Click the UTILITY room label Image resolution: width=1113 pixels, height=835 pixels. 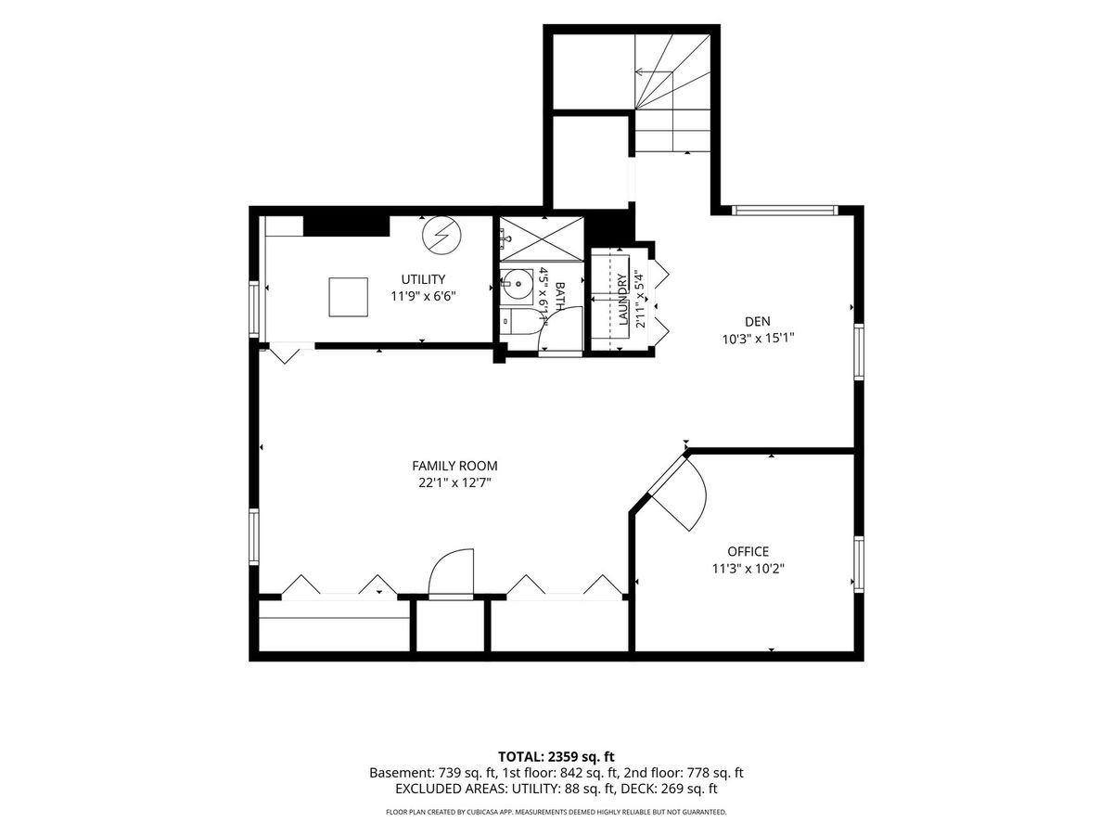tap(423, 279)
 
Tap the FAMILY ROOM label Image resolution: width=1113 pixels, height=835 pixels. tap(454, 466)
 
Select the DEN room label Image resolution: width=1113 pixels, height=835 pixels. tap(758, 321)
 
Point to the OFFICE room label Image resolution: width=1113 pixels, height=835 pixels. tap(748, 552)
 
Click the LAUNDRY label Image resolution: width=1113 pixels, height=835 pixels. tap(622, 299)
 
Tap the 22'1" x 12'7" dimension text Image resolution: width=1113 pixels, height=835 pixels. tap(454, 482)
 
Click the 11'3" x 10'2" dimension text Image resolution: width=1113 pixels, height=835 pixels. tap(748, 569)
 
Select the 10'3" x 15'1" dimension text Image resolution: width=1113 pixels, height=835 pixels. tap(758, 338)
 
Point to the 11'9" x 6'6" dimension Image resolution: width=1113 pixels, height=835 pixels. tap(423, 296)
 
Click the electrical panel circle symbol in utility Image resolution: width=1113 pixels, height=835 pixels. tap(442, 236)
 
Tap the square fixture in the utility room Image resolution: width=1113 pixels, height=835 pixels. tap(349, 297)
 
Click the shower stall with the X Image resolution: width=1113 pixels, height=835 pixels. tap(542, 239)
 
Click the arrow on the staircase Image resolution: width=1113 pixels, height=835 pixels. tap(654, 72)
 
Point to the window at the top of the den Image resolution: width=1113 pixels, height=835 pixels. tap(785, 210)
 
